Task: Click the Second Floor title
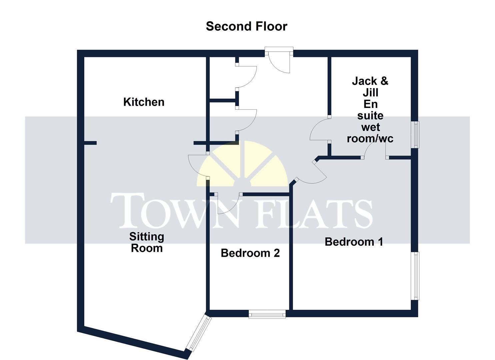[x=246, y=26]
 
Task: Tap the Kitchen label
[x=144, y=102]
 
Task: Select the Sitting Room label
[x=147, y=242]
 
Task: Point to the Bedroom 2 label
[x=250, y=253]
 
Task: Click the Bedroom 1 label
[x=354, y=242]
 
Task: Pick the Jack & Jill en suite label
[x=370, y=110]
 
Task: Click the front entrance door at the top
[x=280, y=62]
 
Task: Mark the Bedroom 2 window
[x=267, y=314]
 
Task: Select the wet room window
[x=416, y=134]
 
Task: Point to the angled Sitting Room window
[x=199, y=334]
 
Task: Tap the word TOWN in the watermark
[x=175, y=211]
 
